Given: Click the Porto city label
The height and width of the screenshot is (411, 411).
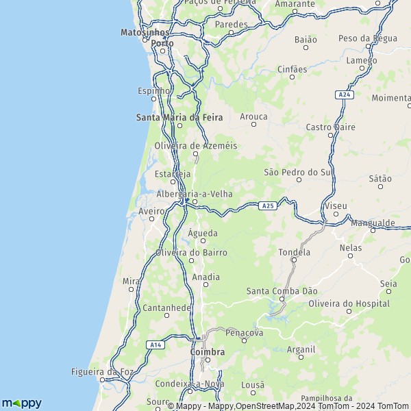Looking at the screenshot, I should (162, 43).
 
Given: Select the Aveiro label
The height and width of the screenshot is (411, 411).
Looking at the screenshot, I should (151, 212).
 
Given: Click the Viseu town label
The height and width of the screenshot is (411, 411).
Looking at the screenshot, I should (336, 206).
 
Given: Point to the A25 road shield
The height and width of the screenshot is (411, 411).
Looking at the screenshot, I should (268, 204).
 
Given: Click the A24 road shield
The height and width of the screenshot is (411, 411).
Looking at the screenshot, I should (345, 95).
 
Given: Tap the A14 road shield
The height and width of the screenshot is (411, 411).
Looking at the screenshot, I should (156, 345).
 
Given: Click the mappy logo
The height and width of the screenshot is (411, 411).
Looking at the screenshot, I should (21, 403).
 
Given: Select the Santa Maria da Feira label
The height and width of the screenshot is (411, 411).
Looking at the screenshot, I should (179, 117).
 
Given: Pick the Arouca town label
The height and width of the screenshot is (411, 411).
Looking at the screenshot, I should (253, 117).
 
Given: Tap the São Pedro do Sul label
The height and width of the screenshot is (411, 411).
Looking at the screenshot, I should (298, 171).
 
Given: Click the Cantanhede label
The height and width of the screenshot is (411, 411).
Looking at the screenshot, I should (166, 308).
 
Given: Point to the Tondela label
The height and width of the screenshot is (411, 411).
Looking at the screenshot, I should (294, 252).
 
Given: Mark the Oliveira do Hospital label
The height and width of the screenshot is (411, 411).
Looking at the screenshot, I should (349, 303).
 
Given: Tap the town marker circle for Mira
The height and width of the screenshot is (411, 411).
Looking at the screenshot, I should (130, 290).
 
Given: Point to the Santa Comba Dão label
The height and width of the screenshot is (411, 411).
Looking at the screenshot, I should (282, 291).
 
